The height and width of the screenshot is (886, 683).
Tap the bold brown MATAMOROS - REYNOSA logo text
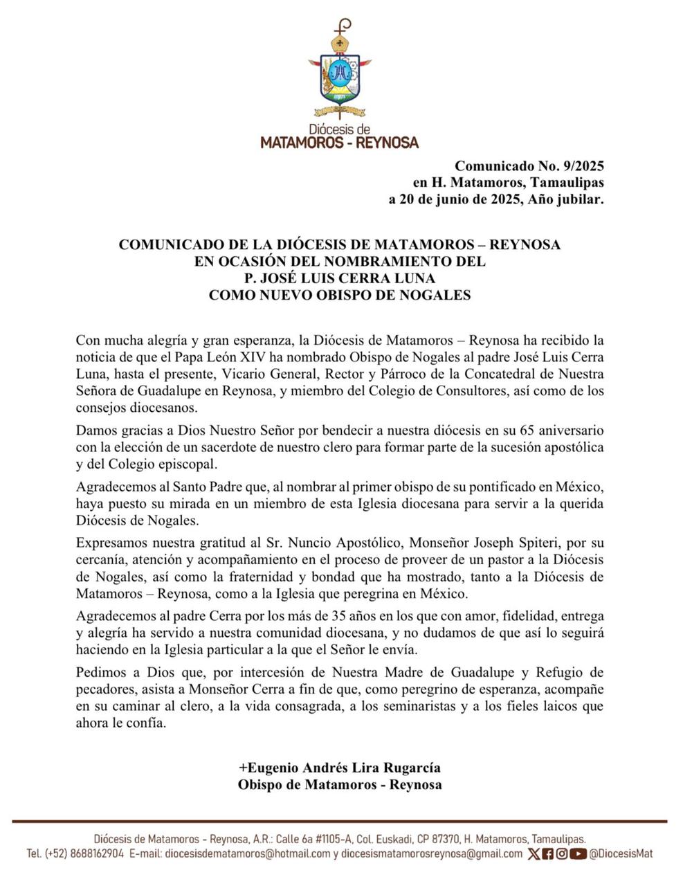339,143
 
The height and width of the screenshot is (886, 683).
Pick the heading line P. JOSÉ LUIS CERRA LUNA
340,278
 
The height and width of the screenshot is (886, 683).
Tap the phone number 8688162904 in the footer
97,853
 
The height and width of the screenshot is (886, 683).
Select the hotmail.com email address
248,853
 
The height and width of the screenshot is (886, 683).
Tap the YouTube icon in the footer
579,853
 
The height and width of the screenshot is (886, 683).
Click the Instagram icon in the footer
562,853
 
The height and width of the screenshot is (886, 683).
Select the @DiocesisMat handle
621,853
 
